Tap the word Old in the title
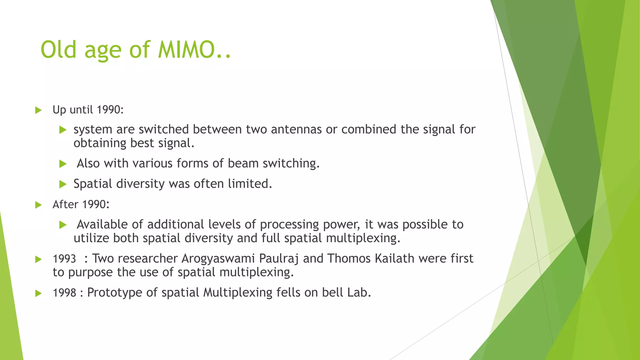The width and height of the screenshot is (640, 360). pos(58,50)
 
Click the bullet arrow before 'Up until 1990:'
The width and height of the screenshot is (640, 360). pos(38,110)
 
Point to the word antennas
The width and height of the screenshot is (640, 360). pos(296,129)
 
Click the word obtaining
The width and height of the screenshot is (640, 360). pos(100,143)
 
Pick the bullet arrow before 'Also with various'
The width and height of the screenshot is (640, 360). pos(63,164)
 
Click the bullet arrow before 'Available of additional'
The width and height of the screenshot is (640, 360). pos(63,225)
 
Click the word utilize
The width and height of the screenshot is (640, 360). pos(91,238)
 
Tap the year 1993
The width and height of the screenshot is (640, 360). pos(64,259)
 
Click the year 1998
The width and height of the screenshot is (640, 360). pos(64,293)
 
